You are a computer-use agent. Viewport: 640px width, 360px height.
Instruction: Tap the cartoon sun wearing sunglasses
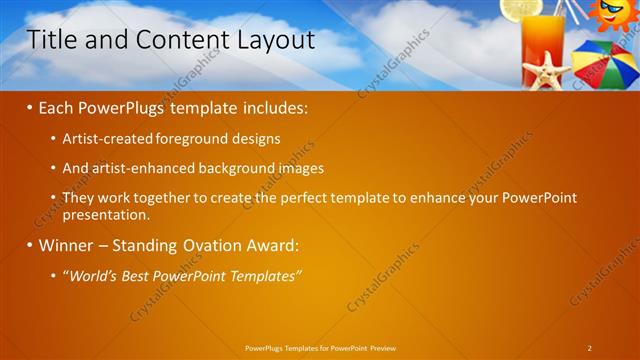pos(610,14)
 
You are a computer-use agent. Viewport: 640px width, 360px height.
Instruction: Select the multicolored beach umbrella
pos(606,64)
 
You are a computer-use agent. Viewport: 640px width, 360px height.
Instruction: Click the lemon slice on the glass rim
pos(521,8)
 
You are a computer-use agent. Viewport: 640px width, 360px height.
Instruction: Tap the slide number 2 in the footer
pos(590,347)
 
